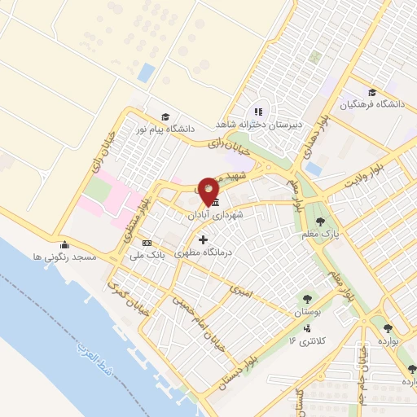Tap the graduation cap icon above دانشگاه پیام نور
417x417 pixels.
click(x=166, y=116)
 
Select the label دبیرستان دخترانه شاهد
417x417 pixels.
click(x=252, y=125)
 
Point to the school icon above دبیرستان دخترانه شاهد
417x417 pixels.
click(x=258, y=112)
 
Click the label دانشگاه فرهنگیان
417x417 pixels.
click(x=371, y=105)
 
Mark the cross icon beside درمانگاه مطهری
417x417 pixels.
click(x=203, y=239)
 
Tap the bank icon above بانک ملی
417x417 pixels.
click(x=147, y=243)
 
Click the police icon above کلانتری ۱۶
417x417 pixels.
click(x=308, y=329)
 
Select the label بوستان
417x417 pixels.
click(x=306, y=312)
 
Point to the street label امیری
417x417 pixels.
click(x=242, y=289)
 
